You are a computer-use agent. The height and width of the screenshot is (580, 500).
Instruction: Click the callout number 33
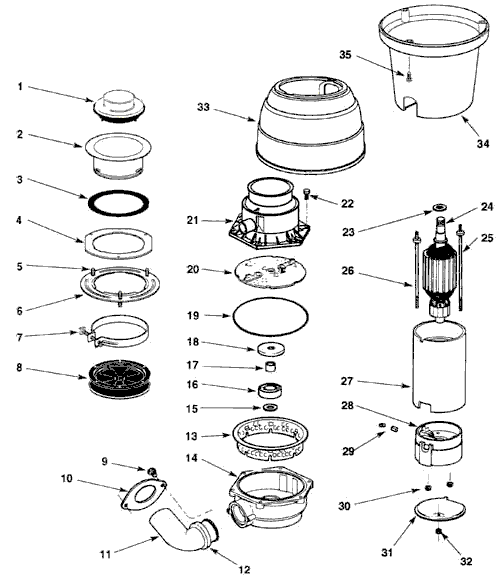pyautogui.click(x=203, y=107)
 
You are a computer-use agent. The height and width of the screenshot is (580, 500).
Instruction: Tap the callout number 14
pyautogui.click(x=191, y=458)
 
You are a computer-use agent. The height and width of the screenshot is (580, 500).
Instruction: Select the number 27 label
pyautogui.click(x=347, y=381)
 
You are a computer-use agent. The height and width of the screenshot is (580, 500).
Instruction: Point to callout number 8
pyautogui.click(x=19, y=368)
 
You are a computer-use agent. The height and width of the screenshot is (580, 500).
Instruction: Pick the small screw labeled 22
pyautogui.click(x=307, y=193)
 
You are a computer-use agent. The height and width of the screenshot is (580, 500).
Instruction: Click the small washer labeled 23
pyautogui.click(x=440, y=206)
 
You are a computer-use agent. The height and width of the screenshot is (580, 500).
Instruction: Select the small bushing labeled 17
pyautogui.click(x=270, y=367)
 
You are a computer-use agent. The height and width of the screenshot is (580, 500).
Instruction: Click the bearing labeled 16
pyautogui.click(x=270, y=391)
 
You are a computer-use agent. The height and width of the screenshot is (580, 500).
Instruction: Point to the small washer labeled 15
pyautogui.click(x=270, y=407)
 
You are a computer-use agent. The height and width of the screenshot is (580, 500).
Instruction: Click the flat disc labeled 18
pyautogui.click(x=272, y=349)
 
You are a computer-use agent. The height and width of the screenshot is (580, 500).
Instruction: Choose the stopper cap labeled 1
pyautogui.click(x=119, y=105)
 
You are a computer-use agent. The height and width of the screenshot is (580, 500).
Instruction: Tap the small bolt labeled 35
pyautogui.click(x=409, y=77)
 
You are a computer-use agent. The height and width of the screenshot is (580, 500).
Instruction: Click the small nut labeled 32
pyautogui.click(x=439, y=531)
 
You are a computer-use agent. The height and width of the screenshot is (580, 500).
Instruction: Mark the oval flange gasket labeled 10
pyautogui.click(x=143, y=496)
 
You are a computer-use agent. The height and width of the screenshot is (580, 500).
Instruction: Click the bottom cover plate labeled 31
pyautogui.click(x=440, y=510)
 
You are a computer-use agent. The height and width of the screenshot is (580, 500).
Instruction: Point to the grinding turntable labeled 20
pyautogui.click(x=270, y=272)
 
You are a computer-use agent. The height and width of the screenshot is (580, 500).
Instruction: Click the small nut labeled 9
pyautogui.click(x=152, y=472)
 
